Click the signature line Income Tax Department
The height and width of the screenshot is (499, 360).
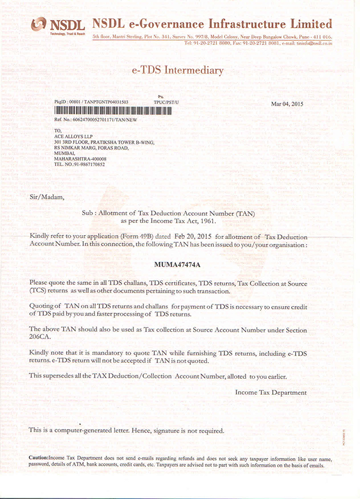click(x=271, y=393)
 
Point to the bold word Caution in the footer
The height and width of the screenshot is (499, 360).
click(x=38, y=457)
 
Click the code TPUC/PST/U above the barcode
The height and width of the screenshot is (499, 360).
click(x=166, y=103)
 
